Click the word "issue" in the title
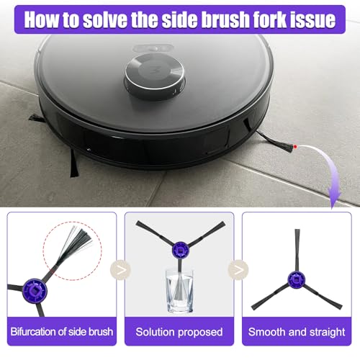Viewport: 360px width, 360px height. point(315,19)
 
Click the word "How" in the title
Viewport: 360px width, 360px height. point(43,19)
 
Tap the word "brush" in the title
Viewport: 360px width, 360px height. point(217,19)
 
